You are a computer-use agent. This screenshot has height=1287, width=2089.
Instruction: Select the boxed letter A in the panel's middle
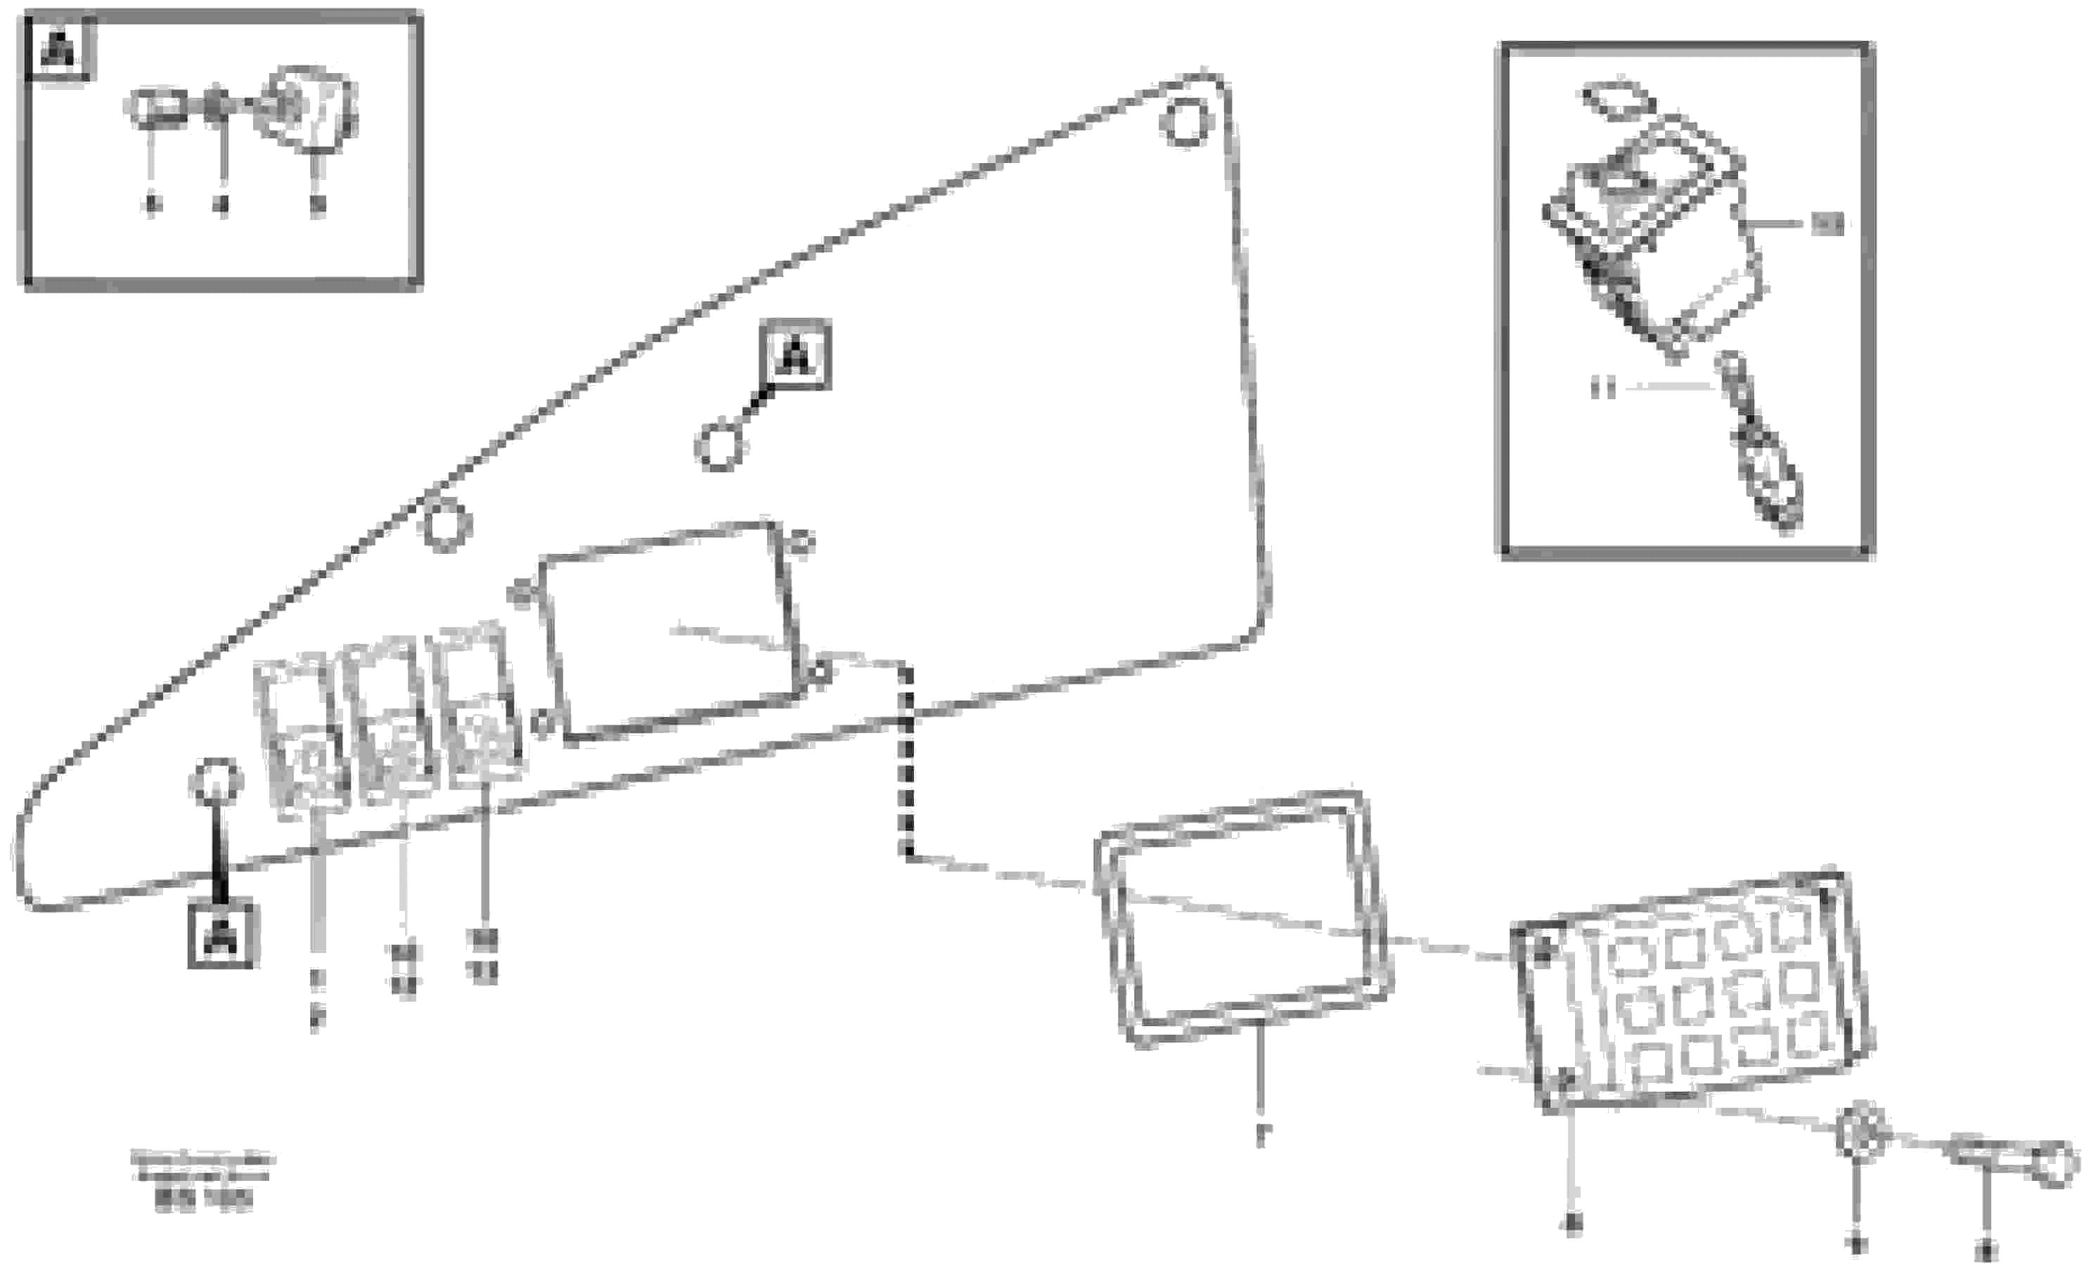795,355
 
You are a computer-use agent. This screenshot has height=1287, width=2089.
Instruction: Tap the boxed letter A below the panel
222,936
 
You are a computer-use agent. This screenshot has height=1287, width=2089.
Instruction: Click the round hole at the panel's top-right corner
1185,124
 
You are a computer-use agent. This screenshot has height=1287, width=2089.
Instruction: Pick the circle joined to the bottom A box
218,782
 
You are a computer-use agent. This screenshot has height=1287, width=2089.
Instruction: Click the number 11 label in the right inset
1603,389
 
